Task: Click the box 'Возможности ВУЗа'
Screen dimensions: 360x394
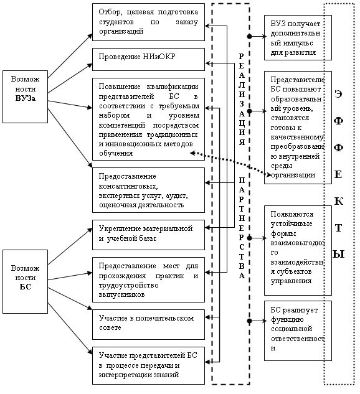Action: [x=25, y=96]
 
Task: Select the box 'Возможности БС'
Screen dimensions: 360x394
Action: [x=25, y=281]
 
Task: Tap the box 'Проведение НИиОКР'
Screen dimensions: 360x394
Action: [x=148, y=59]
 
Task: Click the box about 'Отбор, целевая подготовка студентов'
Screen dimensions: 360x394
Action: [x=148, y=22]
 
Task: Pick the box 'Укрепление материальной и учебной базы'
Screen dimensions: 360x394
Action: [x=148, y=235]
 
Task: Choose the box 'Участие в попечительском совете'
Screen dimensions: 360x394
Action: [x=148, y=324]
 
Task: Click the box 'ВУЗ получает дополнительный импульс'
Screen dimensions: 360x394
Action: [x=298, y=37]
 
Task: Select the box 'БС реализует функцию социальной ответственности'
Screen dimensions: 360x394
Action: [x=298, y=331]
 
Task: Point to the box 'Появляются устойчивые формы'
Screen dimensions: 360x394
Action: [x=298, y=250]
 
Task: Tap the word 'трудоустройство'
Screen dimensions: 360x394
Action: [x=128, y=285]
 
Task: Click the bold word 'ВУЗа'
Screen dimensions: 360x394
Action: [x=26, y=98]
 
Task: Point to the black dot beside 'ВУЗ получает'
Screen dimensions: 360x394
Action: [x=249, y=37]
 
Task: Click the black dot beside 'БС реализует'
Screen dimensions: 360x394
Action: [x=249, y=321]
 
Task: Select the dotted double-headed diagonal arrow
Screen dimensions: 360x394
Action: [x=230, y=164]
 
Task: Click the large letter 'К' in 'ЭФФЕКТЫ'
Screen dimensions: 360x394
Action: [x=338, y=201]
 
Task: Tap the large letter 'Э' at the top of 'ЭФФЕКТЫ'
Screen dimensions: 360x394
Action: [x=338, y=94]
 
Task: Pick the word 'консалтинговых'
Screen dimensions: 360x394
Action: [x=128, y=186]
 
